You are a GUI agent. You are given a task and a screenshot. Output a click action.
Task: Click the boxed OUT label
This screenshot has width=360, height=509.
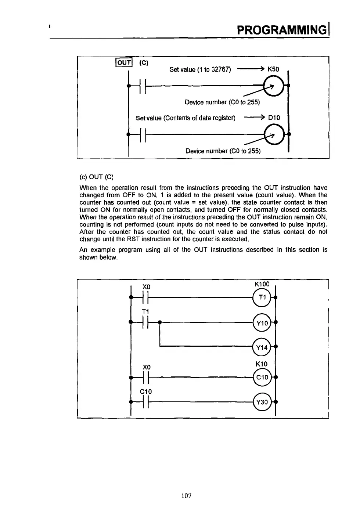pos(124,62)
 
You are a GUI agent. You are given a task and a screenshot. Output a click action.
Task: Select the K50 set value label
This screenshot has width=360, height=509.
pos(273,69)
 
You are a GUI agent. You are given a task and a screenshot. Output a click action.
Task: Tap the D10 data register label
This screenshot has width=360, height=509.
pos(274,118)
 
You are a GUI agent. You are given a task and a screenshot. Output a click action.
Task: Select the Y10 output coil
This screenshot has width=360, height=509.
pos(262,323)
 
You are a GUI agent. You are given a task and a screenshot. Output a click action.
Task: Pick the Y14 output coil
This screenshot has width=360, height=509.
pos(262,347)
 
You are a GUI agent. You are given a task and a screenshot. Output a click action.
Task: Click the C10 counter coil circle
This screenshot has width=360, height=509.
pos(262,377)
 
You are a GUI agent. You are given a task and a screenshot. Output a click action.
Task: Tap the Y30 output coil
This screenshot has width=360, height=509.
pos(262,402)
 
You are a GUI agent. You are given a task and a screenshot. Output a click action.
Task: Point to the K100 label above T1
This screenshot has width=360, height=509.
pos(262,284)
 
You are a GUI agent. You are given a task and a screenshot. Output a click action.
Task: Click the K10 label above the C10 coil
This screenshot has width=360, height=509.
pos(262,364)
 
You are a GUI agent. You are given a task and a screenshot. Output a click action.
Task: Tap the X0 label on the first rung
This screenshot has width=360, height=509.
pos(147,286)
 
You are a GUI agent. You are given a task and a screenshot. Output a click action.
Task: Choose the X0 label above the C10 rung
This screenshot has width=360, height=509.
pos(147,367)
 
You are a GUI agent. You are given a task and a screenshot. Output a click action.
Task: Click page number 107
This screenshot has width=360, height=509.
pos(187,496)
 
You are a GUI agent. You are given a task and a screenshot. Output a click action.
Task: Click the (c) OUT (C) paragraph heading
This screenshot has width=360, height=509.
pos(96,177)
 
